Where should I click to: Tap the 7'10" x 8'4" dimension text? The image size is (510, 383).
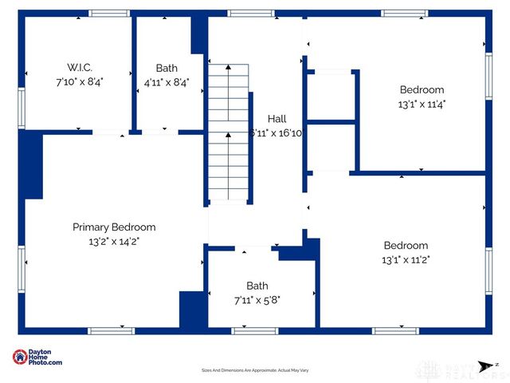(80, 81)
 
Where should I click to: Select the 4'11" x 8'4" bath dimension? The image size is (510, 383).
(167, 81)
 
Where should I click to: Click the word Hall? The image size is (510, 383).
(277, 119)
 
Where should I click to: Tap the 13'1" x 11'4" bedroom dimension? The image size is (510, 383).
(422, 104)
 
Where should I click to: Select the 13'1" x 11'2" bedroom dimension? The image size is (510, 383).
(406, 259)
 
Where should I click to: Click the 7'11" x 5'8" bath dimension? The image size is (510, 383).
(257, 299)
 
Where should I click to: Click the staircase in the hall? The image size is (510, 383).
(228, 132)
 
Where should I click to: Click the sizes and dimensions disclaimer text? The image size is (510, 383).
(255, 370)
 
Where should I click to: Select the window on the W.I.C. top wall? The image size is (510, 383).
(109, 14)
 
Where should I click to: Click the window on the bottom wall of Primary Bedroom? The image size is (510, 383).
(111, 330)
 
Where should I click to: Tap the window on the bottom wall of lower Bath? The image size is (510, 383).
(254, 330)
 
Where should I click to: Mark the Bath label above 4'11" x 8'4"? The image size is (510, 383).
(167, 68)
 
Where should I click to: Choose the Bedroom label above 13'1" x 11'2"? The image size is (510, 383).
(406, 246)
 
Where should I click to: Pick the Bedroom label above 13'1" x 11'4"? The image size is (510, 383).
(422, 90)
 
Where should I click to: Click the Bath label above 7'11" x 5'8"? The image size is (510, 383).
(257, 286)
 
